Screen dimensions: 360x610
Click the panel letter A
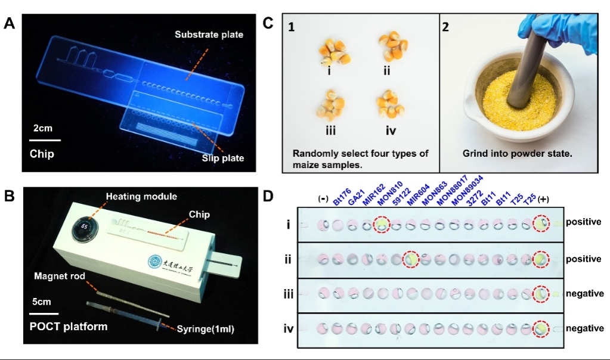click(x=10, y=24)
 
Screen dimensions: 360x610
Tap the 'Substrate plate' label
click(x=209, y=35)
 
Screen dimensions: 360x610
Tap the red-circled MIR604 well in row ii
click(x=411, y=259)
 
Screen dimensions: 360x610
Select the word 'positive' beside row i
click(x=583, y=222)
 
